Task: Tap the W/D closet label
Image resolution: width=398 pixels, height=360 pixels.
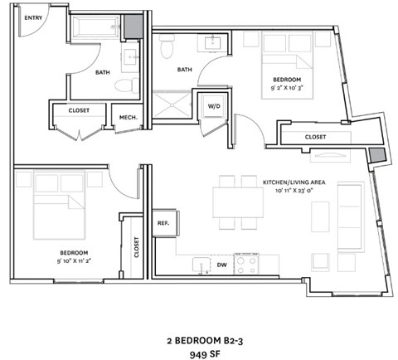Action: point(213,106)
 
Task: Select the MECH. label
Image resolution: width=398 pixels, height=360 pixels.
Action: point(129,117)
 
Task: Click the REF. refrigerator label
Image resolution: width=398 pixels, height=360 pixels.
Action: point(163,222)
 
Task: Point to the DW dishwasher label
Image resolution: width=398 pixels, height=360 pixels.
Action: point(221,265)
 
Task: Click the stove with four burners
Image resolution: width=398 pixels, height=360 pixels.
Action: point(246,265)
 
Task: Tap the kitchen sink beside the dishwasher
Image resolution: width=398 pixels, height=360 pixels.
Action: point(199,265)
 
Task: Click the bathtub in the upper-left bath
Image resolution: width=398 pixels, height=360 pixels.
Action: point(97,29)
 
